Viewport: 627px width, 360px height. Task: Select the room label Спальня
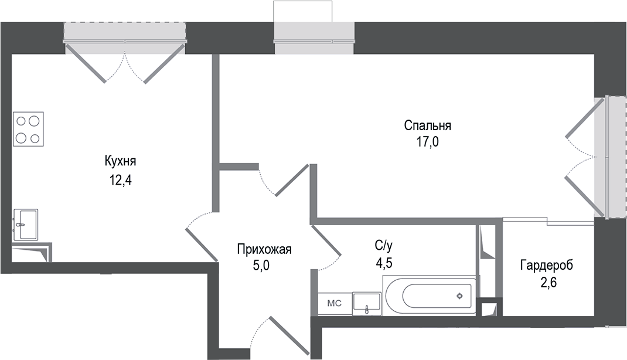coord(427,125)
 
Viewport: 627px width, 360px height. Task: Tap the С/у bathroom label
coord(384,244)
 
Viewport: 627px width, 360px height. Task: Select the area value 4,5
coord(384,263)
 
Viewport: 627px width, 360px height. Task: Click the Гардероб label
coord(546,266)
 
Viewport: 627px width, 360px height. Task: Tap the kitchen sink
coord(25,224)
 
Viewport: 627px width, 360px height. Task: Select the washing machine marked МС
coord(334,303)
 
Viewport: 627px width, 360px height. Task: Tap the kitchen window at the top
coord(124,33)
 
